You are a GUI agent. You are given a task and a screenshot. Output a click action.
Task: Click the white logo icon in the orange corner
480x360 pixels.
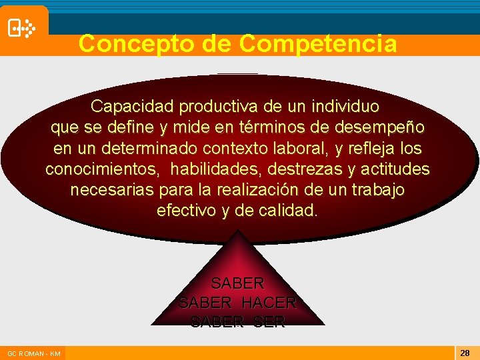click(21, 28)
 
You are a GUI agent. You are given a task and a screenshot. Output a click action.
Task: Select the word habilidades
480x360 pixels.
click(201, 169)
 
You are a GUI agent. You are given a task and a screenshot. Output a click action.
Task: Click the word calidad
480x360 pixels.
click(291, 211)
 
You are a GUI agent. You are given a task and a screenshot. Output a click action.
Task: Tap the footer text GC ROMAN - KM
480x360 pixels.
click(33, 353)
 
